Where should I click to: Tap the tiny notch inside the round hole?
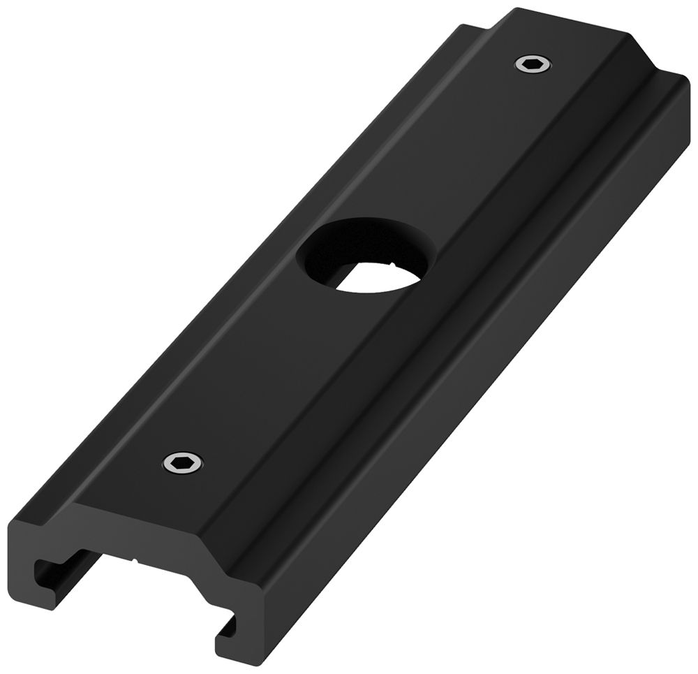pos(395,265)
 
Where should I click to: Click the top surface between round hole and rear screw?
pos(454,154)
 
